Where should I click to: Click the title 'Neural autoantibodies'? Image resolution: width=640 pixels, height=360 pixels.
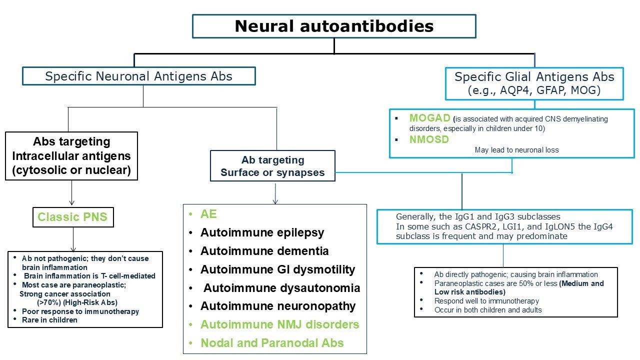[334, 26]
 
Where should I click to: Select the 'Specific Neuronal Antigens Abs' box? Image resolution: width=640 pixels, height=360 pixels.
[138, 76]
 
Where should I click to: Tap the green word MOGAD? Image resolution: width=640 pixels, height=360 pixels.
[429, 118]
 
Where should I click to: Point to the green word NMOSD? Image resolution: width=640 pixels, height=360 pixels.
[429, 139]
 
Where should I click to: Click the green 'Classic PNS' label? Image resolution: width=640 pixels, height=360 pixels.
[72, 217]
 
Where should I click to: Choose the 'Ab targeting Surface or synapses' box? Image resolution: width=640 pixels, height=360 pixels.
[272, 166]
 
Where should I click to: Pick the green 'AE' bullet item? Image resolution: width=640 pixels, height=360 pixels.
[209, 214]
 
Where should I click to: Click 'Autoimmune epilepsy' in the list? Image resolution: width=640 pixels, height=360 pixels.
[262, 232]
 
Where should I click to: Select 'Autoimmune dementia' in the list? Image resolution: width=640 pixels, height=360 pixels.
[264, 251]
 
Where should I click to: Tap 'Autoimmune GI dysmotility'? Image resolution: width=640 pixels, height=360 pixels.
[277, 269]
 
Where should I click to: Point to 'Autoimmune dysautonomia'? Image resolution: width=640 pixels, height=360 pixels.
[281, 288]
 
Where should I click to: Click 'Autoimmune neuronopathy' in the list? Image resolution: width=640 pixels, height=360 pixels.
[278, 306]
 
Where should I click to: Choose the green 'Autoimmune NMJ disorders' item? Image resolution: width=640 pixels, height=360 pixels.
[279, 324]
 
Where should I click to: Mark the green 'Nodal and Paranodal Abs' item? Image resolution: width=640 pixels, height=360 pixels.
[272, 343]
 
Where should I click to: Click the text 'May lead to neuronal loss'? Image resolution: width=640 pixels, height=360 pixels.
[516, 150]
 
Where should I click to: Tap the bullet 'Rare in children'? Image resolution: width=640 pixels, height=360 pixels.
[49, 320]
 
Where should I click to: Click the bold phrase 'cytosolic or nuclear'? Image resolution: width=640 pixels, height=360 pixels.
[71, 170]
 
